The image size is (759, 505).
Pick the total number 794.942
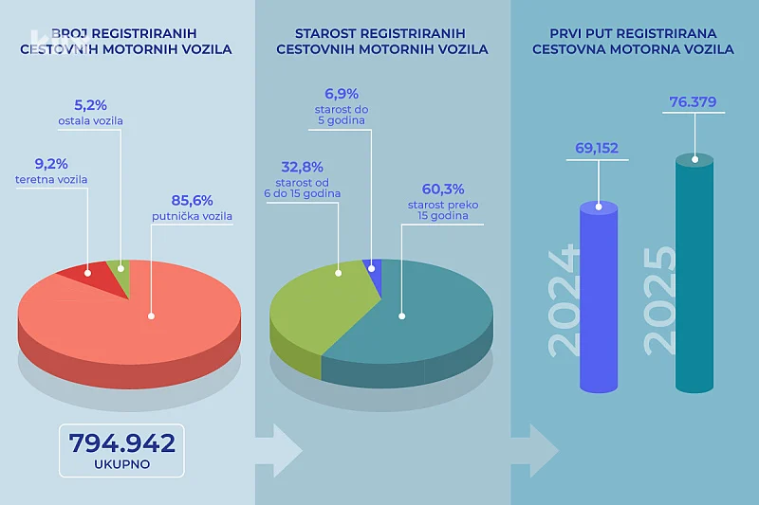(x=121, y=442)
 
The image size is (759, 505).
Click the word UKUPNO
(x=121, y=464)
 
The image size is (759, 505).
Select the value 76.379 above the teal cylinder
(x=694, y=101)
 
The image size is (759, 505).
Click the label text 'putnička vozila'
(x=193, y=216)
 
